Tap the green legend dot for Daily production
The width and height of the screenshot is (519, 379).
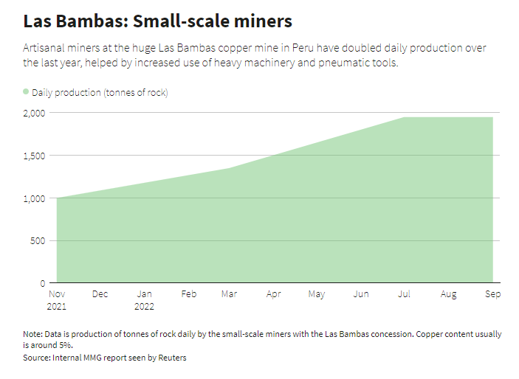[26, 92]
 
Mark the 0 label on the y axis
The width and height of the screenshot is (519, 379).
[43, 283]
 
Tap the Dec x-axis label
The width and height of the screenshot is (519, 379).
[100, 294]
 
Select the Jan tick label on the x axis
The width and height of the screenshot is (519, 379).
[144, 294]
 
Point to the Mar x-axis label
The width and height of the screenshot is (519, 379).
[229, 294]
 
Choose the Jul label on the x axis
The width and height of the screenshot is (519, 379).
[405, 294]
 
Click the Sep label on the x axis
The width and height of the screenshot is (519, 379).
[492, 294]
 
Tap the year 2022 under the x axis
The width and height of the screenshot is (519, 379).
[144, 306]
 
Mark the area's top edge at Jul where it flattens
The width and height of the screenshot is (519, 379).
[405, 117]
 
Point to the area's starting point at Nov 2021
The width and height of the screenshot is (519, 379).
[57, 198]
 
